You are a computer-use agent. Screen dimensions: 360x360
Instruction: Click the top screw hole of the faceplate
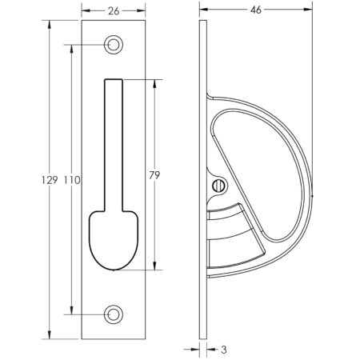pos(112,45)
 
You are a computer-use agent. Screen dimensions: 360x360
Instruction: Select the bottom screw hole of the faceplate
pos(112,314)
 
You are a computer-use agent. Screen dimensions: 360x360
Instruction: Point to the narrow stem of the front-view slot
pos(112,144)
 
